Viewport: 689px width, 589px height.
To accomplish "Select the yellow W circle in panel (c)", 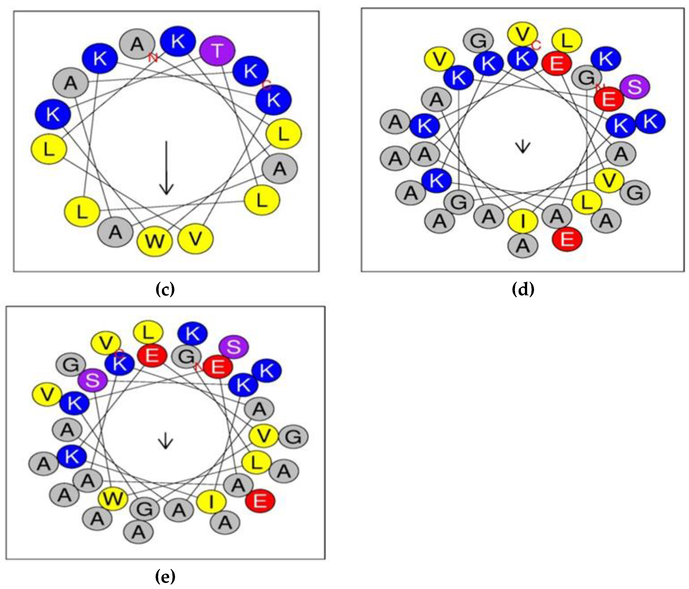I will pyautogui.click(x=155, y=241).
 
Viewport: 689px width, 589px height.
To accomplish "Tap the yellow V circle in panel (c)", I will pyautogui.click(x=196, y=239).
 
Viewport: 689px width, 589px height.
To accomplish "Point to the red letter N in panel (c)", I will pyautogui.click(x=153, y=58).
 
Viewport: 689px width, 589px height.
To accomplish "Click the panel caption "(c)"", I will pyautogui.click(x=165, y=289).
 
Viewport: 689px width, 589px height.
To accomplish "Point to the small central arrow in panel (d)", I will pyautogui.click(x=523, y=146).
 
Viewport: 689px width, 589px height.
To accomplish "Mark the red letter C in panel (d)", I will pyautogui.click(x=536, y=45).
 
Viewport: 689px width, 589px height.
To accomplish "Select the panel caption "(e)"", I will pyautogui.click(x=165, y=577).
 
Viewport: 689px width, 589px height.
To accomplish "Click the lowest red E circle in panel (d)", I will pyautogui.click(x=567, y=239).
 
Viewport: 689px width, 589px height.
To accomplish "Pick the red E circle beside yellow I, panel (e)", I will pyautogui.click(x=260, y=501).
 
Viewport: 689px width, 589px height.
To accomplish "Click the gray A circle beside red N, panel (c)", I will pyautogui.click(x=137, y=44).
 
